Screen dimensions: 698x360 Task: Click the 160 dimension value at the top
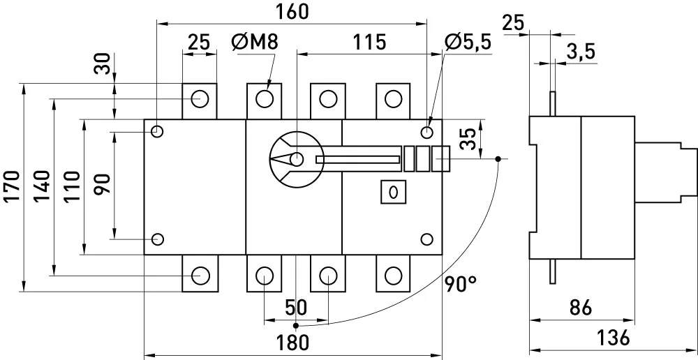292,12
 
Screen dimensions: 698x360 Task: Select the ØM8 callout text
255,43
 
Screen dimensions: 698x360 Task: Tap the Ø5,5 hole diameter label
468,43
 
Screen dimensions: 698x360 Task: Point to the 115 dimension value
369,43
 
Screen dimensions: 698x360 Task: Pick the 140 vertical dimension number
43,186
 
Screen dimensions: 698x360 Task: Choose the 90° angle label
461,283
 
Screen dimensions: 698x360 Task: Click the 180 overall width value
292,343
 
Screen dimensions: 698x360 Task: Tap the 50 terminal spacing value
295,308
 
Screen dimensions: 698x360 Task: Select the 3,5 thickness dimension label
581,52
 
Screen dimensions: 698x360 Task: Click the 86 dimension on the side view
581,308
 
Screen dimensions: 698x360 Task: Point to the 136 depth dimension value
614,338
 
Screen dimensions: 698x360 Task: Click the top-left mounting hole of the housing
157,131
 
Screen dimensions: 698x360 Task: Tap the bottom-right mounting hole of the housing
426,239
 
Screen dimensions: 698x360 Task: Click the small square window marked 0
393,192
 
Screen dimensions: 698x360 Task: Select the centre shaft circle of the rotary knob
296,159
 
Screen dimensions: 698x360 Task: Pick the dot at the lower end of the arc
296,326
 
